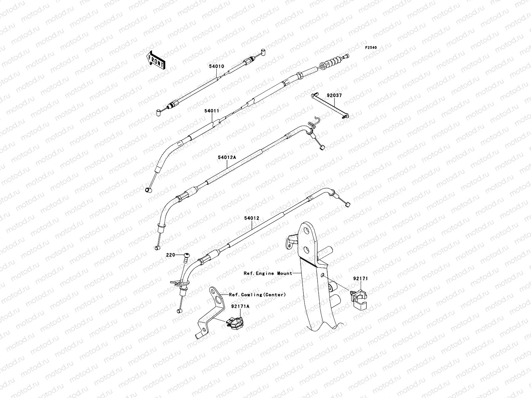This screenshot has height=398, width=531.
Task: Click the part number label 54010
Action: (x=216, y=66)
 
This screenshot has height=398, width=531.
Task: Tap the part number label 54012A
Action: (x=227, y=158)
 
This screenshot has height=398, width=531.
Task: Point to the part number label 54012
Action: (x=252, y=218)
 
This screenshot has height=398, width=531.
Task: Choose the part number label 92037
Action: (x=334, y=95)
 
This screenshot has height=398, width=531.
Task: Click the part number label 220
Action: (x=171, y=255)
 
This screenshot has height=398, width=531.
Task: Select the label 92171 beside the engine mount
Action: (x=360, y=279)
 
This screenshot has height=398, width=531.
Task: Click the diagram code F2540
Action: (x=371, y=48)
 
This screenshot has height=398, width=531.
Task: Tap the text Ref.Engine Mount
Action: (x=268, y=273)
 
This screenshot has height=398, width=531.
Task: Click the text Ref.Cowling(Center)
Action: (x=257, y=295)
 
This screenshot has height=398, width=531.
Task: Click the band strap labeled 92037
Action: (x=330, y=105)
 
